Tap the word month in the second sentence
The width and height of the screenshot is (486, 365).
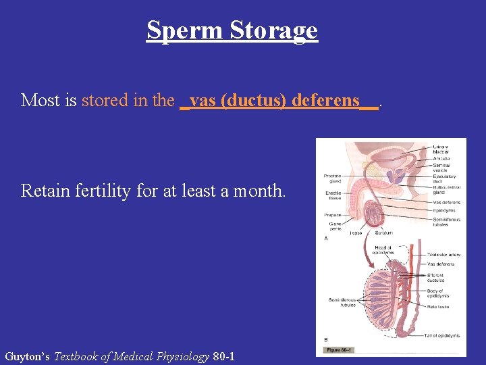(259, 191)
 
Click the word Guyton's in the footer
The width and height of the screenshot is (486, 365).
(27, 356)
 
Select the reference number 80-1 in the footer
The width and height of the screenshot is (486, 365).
(223, 356)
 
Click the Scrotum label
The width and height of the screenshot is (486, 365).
(383, 233)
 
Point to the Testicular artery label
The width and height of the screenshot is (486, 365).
(443, 255)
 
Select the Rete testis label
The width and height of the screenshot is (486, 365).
(439, 306)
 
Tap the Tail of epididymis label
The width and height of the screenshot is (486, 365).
(442, 335)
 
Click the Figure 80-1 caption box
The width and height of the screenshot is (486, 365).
(340, 349)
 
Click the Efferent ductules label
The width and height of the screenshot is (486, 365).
(435, 277)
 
